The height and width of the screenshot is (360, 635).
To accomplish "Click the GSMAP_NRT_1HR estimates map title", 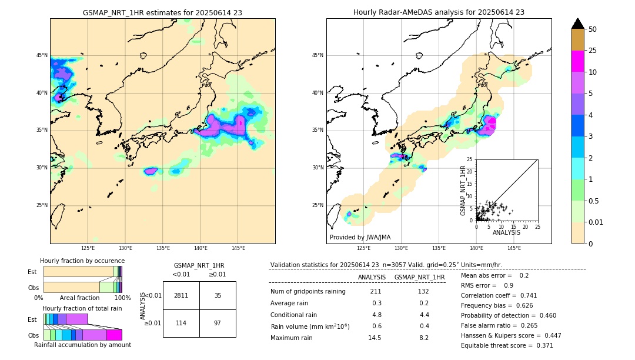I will (162, 12).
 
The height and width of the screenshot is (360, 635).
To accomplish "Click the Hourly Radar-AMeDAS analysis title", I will (439, 12).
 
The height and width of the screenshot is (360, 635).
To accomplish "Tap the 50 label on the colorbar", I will (593, 29).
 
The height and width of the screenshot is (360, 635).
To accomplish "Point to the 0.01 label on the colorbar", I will (596, 222).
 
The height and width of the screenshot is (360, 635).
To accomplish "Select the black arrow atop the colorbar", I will (578, 24).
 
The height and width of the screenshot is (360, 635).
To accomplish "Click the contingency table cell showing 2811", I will (181, 295).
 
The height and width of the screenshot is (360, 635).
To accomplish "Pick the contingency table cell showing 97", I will (218, 324).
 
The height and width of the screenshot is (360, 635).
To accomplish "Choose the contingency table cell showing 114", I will (181, 324).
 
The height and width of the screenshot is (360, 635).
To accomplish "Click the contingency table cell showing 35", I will (218, 295).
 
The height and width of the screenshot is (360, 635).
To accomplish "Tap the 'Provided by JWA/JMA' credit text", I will (360, 237).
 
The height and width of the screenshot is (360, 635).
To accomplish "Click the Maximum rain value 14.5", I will (375, 338).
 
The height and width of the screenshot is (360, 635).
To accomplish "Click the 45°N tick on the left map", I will (42, 55).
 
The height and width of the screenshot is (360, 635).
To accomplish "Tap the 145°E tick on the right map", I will (514, 248).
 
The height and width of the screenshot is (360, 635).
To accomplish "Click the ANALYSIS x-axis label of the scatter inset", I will (506, 232).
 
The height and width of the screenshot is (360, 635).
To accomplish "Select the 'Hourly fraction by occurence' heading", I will (82, 261).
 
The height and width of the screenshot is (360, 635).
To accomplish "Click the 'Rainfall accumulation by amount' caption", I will (82, 345).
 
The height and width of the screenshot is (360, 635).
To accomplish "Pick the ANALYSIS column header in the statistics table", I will (372, 277).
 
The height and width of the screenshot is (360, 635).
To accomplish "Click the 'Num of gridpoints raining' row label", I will (308, 291).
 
